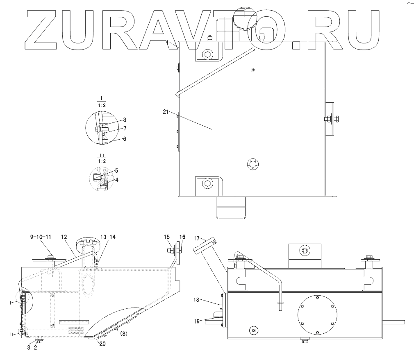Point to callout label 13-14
coord(108,237)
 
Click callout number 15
coord(167,237)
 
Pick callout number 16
coord(182,237)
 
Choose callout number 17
coord(196,238)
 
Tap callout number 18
coord(197,300)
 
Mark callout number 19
coord(197,321)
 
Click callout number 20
coord(102,344)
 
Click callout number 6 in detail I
coord(125,139)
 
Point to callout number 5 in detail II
coord(116,170)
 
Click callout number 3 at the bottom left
coord(29,348)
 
